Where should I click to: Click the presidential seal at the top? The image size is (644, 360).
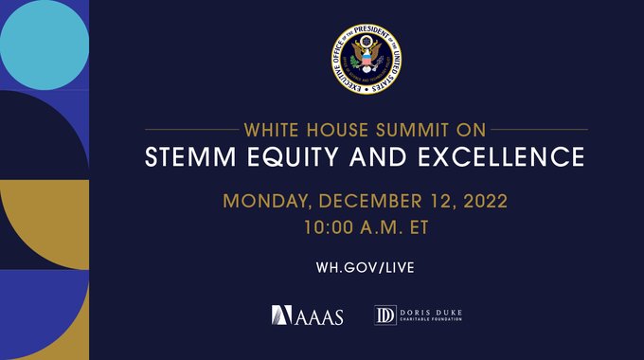tap(366, 59)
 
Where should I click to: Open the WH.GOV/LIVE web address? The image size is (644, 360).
tap(366, 267)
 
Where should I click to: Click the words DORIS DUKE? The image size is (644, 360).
tap(431, 311)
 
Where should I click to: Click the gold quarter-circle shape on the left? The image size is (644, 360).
tap(43, 223)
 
